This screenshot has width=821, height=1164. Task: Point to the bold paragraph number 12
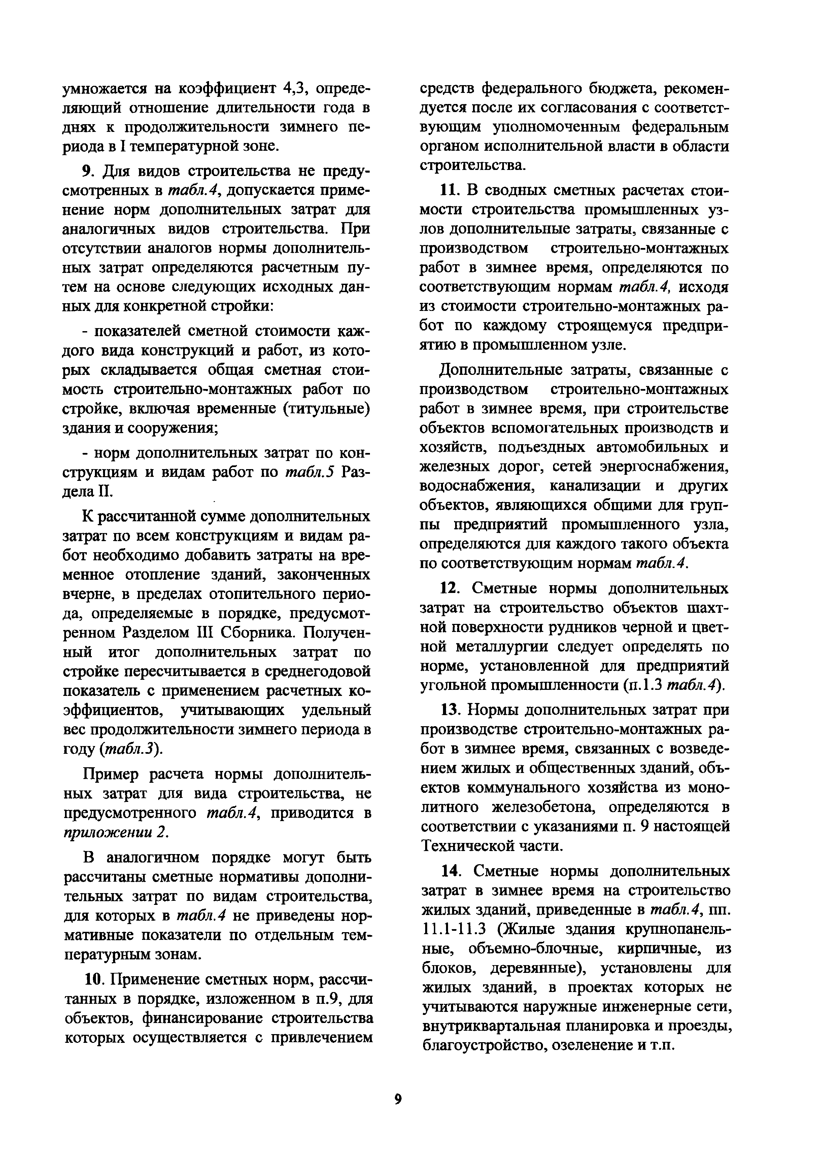coord(449,588)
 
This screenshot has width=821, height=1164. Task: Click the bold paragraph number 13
coord(450,709)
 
